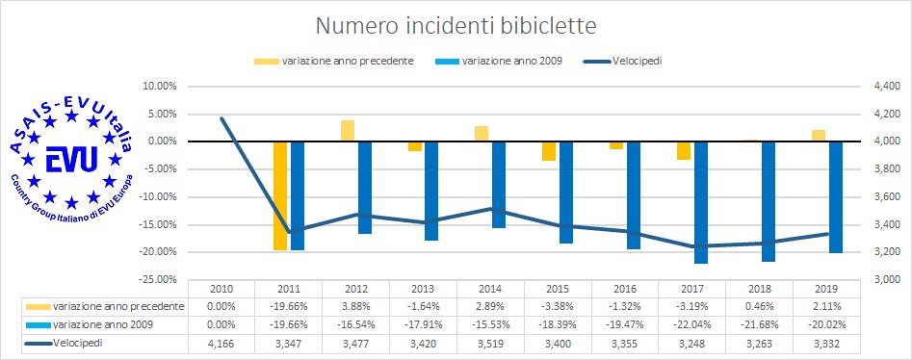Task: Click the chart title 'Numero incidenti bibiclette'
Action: tap(456, 21)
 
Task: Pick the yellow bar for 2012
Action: tap(347, 131)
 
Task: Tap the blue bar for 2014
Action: tap(498, 184)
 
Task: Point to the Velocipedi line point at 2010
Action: tap(221, 118)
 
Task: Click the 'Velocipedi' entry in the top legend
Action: tap(633, 61)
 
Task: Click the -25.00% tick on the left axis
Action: tap(157, 279)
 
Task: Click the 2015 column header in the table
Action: tap(558, 289)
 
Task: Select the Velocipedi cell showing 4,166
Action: tap(221, 343)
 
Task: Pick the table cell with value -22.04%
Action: tap(691, 324)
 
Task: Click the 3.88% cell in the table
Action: tap(355, 307)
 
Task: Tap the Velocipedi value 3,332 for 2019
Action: tap(825, 343)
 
